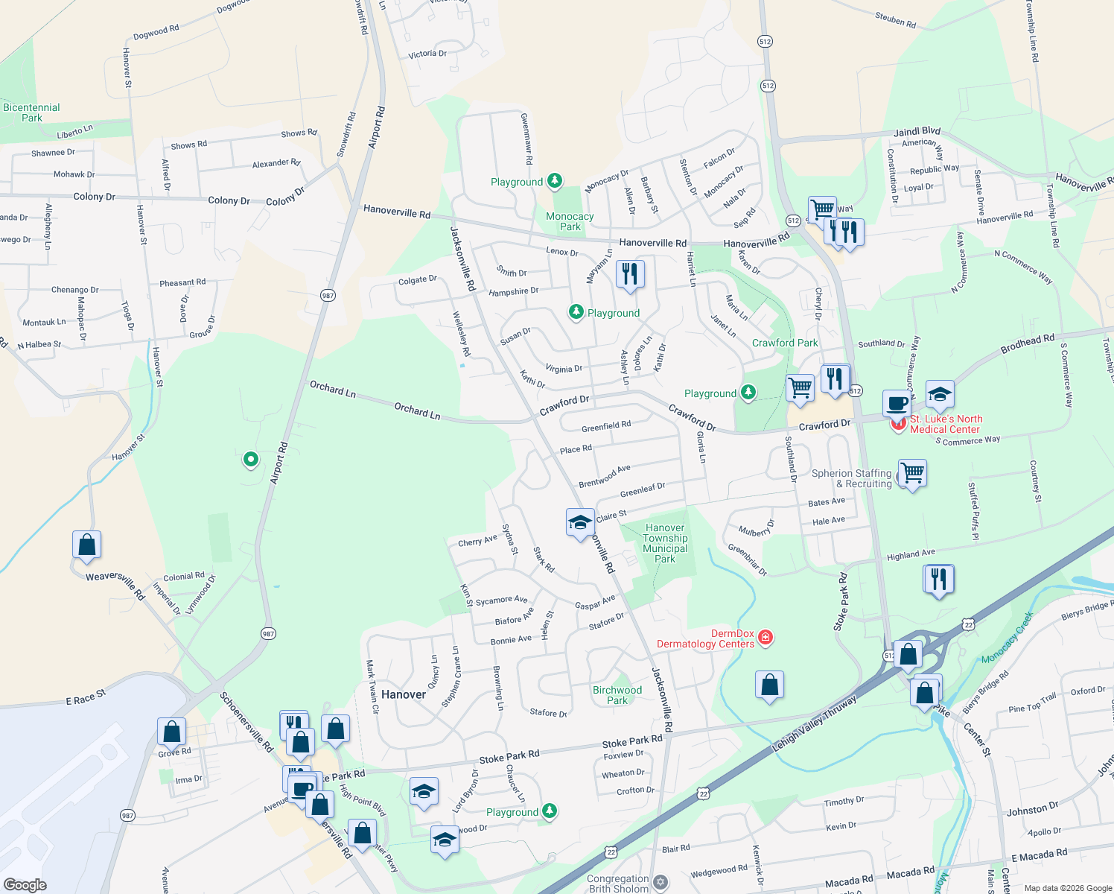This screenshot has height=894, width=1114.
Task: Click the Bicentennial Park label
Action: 31,112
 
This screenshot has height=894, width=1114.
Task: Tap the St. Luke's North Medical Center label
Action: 946,424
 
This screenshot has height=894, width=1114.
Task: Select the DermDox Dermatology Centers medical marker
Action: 766,638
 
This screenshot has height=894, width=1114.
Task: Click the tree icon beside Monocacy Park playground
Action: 554,180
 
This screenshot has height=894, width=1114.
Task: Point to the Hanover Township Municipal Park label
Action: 665,543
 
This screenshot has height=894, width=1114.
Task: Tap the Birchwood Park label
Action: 617,695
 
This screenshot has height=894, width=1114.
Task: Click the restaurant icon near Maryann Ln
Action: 630,274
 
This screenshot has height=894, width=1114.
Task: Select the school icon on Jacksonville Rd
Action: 579,522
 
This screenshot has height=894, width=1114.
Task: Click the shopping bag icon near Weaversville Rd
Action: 87,545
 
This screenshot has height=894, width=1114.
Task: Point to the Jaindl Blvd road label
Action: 917,132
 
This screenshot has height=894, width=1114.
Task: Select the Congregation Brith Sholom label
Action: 618,884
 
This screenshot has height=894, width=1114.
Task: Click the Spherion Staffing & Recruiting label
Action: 851,478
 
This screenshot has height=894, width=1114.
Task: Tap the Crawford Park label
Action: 785,343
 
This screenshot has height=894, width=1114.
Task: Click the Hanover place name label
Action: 404,694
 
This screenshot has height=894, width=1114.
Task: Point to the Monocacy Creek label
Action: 1008,638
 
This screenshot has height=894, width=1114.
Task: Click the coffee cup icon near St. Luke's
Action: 897,404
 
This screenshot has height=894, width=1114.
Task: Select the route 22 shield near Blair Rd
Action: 611,852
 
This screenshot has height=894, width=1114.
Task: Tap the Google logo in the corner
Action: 25,884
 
